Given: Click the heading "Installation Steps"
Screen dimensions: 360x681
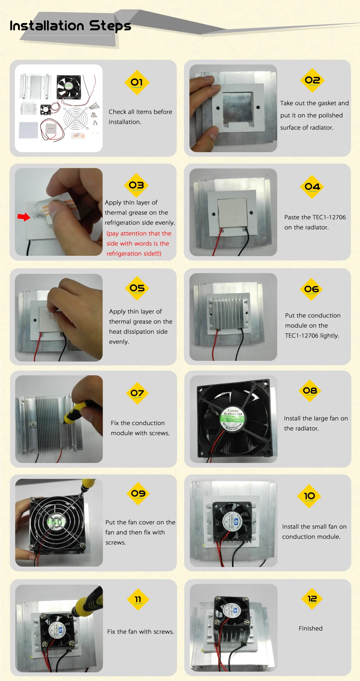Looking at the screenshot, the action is point(70,26).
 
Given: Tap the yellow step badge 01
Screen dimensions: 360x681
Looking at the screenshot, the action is point(137,82).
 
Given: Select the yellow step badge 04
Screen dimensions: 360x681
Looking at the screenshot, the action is point(312,187).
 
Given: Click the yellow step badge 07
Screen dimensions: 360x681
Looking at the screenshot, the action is point(137,393).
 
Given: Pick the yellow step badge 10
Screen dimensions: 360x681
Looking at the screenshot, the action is point(309,496).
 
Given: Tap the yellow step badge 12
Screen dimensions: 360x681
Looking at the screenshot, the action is point(312,599).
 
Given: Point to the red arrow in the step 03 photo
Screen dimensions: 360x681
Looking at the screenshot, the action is point(24,217).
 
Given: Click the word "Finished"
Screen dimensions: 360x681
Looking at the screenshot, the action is point(311,628).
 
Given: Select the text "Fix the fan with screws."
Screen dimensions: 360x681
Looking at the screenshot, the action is point(140,632).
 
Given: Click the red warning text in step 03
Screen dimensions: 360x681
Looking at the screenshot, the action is point(139,244).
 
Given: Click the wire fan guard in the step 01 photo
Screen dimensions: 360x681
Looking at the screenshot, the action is point(76,118).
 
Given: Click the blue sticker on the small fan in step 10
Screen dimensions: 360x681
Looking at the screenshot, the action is point(236,522).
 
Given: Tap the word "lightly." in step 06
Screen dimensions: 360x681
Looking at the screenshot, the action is point(329,336).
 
